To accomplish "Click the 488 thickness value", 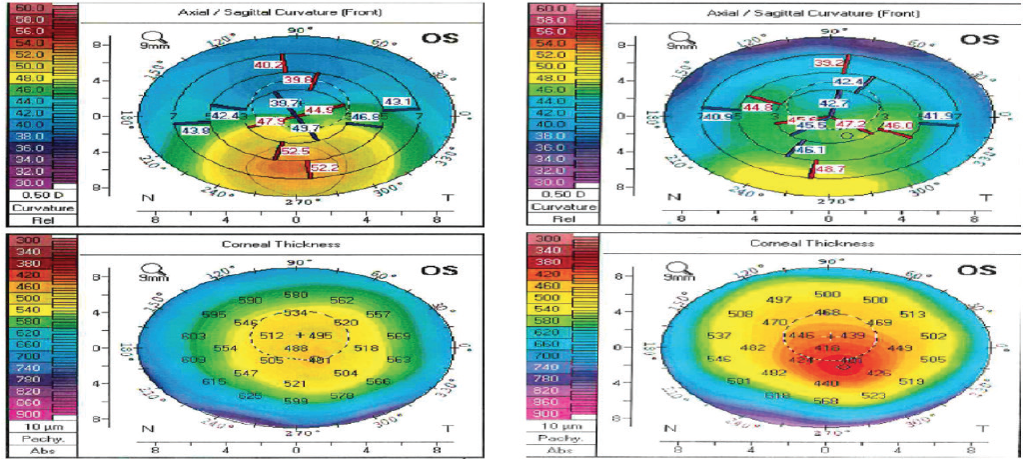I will click(x=297, y=348).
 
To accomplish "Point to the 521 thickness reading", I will click(x=294, y=384).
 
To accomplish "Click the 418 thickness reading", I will click(x=825, y=347).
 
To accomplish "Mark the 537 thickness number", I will click(x=719, y=335).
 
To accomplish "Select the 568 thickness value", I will click(x=824, y=401).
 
